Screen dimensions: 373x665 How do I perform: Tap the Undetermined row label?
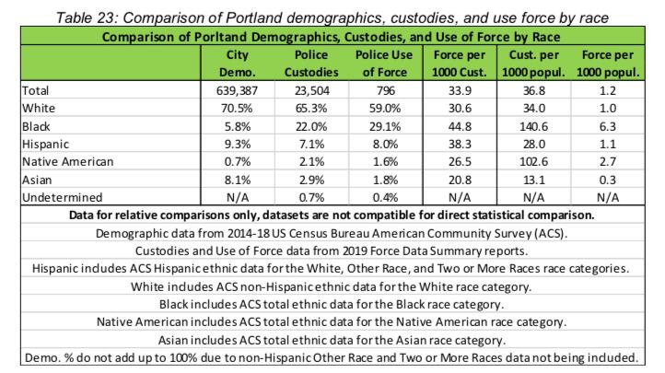[50, 196]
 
